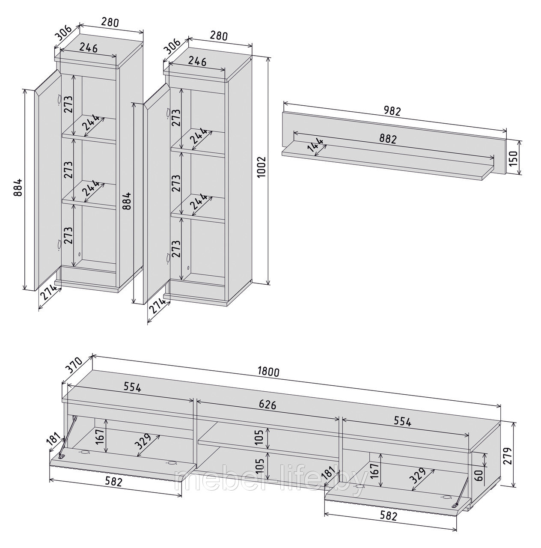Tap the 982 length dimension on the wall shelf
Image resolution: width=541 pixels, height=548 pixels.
(393, 111)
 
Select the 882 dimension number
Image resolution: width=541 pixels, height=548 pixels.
(388, 139)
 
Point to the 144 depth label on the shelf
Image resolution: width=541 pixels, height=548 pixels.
(317, 146)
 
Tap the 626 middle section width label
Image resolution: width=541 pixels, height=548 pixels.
(268, 405)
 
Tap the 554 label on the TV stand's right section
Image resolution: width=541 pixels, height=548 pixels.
(402, 421)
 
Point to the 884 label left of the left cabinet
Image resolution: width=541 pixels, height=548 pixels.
(18, 188)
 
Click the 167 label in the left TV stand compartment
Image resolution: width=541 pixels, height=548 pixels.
(101, 438)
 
